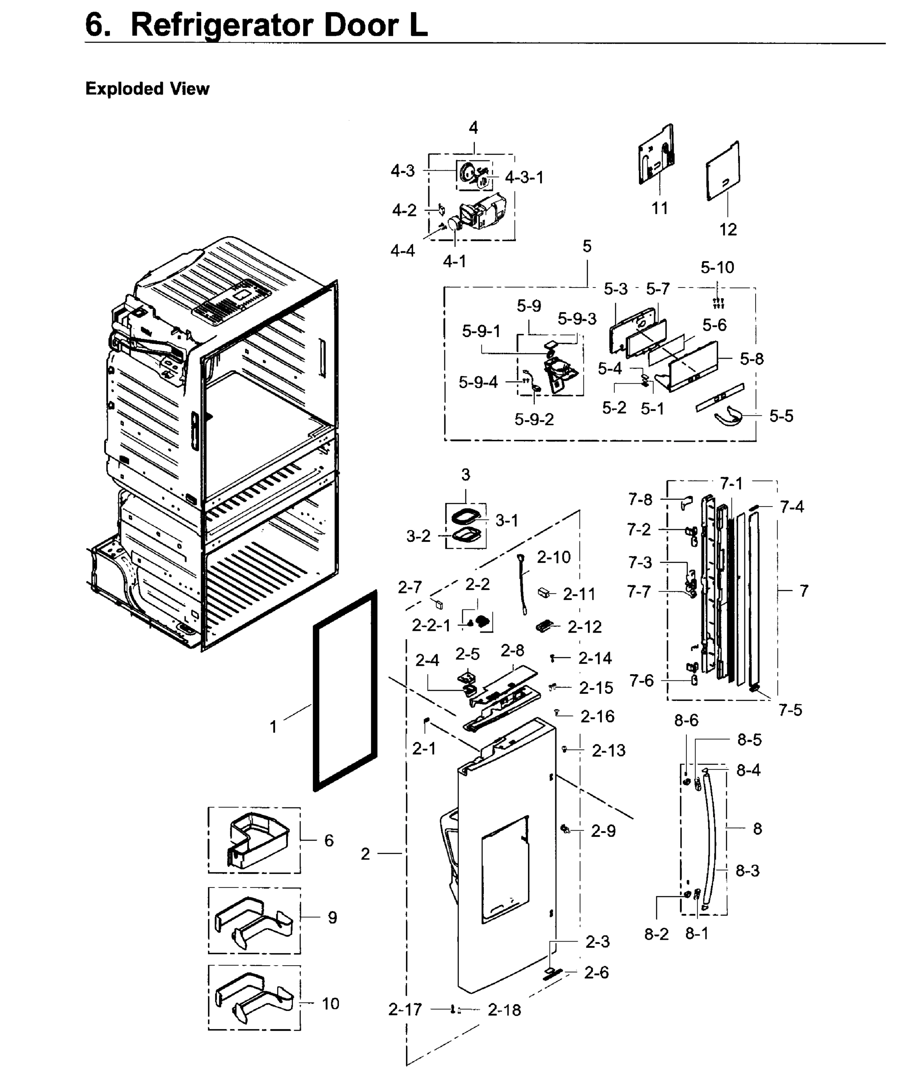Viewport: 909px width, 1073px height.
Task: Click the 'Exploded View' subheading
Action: (148, 89)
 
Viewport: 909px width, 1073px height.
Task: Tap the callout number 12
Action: (727, 230)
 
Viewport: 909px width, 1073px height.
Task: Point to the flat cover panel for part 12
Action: (723, 172)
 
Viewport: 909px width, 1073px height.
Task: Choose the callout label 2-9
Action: (603, 831)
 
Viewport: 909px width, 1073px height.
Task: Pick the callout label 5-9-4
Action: (478, 382)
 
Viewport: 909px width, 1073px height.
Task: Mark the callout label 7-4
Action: (791, 507)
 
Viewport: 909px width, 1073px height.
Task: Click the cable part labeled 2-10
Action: (524, 585)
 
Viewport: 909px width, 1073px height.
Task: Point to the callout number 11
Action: (660, 209)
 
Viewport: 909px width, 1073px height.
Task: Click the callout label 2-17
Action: (405, 1010)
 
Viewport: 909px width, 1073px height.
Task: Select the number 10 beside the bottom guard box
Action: (330, 1003)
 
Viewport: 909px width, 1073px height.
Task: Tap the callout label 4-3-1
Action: (524, 178)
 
